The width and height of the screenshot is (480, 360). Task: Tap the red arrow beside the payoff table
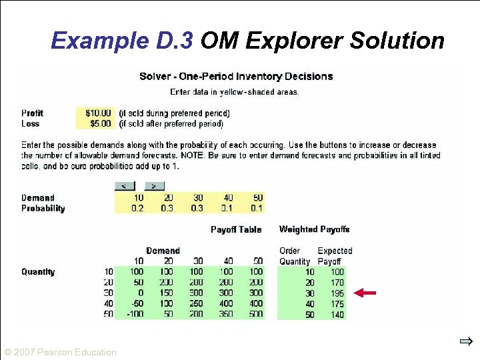365,292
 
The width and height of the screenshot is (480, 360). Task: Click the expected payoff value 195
337,293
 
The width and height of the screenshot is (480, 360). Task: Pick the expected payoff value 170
337,283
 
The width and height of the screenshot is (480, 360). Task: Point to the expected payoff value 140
337,315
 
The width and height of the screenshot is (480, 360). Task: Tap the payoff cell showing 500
255,315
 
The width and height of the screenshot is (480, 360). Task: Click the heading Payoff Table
236,229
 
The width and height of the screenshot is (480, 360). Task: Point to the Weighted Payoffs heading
314,229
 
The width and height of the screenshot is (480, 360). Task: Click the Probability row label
43,209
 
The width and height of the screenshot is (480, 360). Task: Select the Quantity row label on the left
38,272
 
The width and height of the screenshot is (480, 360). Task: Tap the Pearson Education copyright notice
60,352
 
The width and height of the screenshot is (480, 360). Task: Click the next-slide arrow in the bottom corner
465,342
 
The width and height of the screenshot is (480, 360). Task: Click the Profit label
33,113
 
